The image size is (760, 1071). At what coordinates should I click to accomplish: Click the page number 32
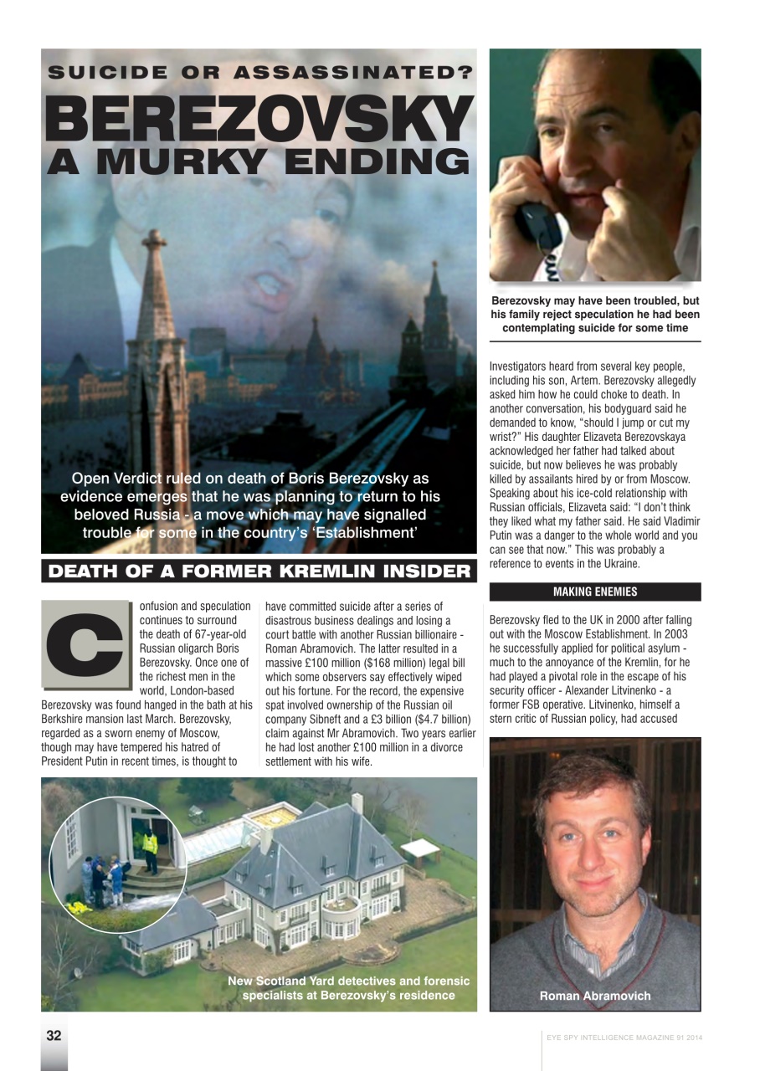coord(54,1035)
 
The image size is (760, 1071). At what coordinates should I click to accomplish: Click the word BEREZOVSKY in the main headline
coord(259,119)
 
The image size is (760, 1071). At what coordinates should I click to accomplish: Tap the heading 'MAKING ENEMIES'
coord(594,592)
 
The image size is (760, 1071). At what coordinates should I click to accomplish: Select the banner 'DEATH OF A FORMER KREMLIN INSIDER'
coord(259,572)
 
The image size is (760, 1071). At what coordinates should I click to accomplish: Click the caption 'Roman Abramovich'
coord(594,996)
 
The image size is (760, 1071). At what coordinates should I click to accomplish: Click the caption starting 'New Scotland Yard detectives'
coord(348,988)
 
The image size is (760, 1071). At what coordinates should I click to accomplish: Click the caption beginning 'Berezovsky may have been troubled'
coord(594,315)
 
